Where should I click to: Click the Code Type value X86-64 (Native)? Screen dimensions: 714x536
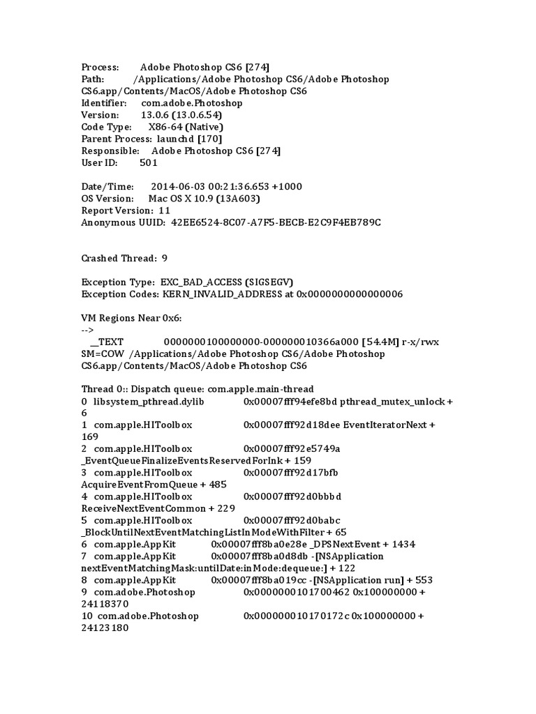(186, 127)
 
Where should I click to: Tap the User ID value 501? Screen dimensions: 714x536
(149, 162)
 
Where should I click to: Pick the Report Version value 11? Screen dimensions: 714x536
(164, 210)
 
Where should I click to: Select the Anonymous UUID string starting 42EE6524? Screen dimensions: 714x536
(276, 222)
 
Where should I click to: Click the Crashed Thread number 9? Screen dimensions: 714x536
(165, 258)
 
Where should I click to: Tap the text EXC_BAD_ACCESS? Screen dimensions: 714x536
(202, 282)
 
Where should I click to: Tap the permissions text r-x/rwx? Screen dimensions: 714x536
(420, 341)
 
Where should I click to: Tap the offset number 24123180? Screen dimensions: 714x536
(105, 628)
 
